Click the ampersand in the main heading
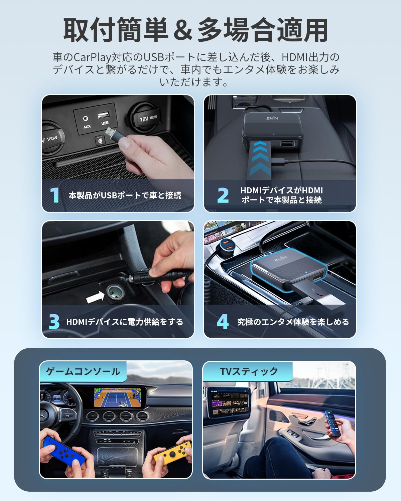click(183, 31)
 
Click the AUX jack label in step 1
click(87, 127)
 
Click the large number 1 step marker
click(54, 195)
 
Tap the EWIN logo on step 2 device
click(272, 118)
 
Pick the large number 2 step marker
click(223, 195)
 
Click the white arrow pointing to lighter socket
click(95, 297)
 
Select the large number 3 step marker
click(54, 322)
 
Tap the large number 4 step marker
click(223, 322)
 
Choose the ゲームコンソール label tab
click(83, 371)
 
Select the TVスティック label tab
click(249, 371)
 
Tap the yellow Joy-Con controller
click(172, 453)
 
